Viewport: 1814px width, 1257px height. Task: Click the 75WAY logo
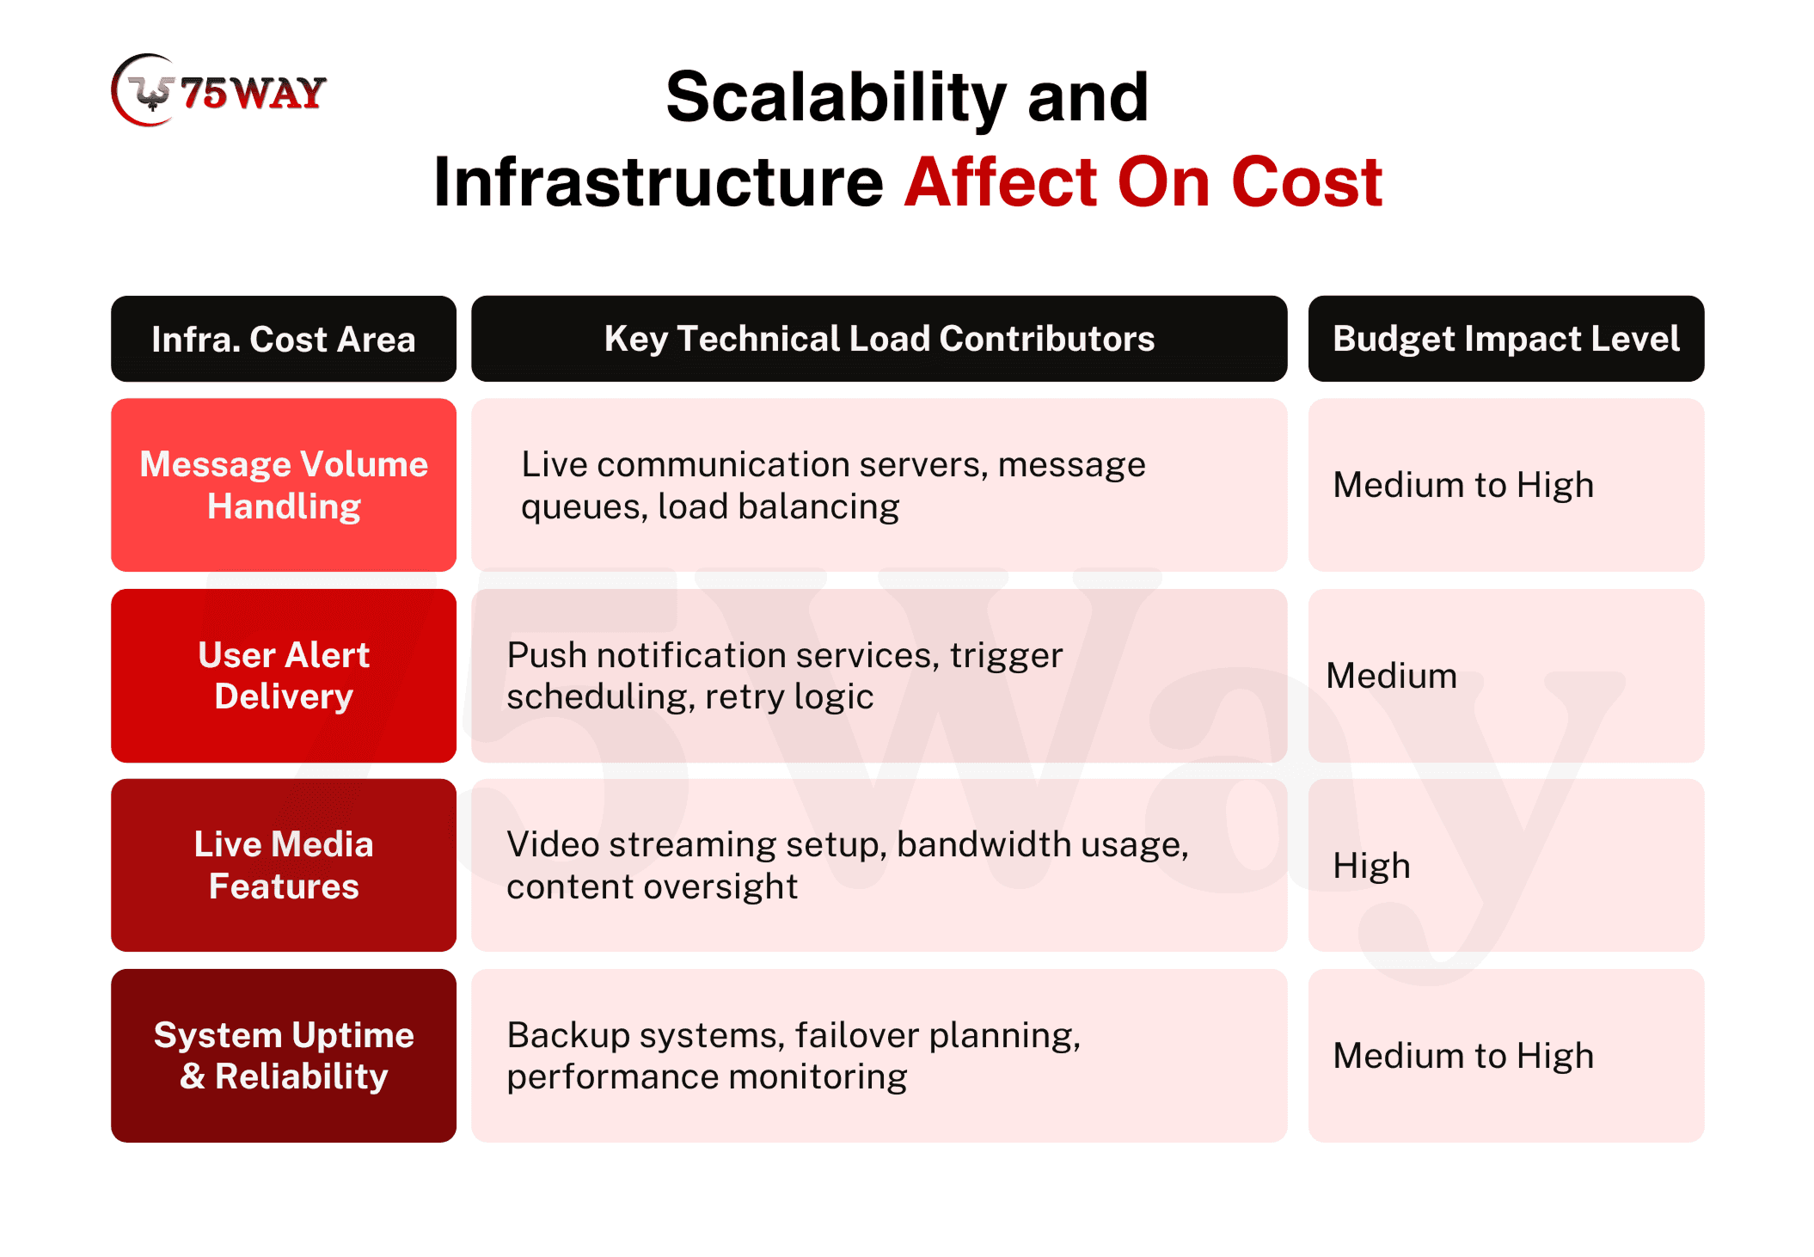(x=218, y=90)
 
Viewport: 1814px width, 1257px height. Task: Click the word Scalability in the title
(x=836, y=97)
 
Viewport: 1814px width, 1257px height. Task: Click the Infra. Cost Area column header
(x=284, y=339)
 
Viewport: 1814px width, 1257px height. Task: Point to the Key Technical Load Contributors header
(x=879, y=339)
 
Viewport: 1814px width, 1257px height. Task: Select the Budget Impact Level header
(x=1505, y=339)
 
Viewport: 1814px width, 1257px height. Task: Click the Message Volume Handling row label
(x=284, y=485)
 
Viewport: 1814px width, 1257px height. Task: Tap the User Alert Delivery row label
(x=284, y=676)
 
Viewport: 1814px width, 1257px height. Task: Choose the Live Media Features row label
(x=284, y=865)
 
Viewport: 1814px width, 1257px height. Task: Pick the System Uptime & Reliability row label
(x=284, y=1056)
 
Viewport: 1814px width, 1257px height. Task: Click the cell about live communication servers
(x=879, y=485)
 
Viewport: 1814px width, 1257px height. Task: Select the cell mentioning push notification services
(x=879, y=676)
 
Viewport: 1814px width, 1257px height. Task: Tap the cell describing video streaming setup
(x=879, y=865)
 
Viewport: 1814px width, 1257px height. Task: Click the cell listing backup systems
(x=879, y=1056)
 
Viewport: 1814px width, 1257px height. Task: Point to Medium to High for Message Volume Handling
(x=1463, y=485)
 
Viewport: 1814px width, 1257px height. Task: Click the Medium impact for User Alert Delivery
(x=1392, y=676)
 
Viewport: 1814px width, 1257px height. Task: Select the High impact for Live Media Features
(x=1371, y=866)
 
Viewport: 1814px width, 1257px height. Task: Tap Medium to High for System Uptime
(x=1463, y=1056)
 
